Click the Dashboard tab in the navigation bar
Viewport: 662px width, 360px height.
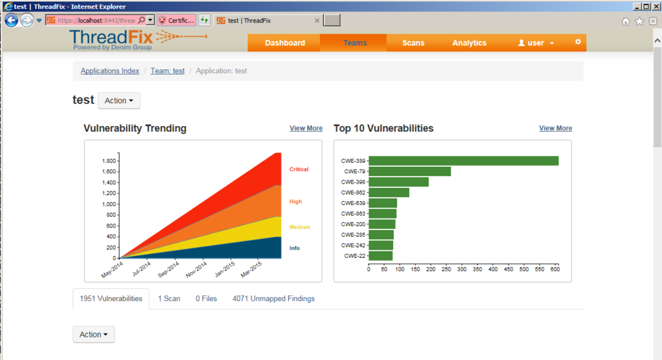click(284, 43)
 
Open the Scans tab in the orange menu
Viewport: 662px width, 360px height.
click(413, 43)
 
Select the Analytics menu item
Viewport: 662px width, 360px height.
click(469, 43)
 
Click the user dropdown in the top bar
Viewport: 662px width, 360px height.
click(536, 43)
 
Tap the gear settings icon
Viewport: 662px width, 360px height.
click(578, 42)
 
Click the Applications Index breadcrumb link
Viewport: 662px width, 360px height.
click(110, 71)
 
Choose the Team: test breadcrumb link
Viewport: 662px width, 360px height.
click(167, 71)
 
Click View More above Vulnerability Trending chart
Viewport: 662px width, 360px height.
click(306, 129)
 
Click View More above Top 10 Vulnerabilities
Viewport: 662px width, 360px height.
click(555, 129)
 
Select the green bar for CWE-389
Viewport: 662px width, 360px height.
click(463, 161)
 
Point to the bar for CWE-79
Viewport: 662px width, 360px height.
click(409, 171)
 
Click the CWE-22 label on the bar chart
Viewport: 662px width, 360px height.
click(355, 256)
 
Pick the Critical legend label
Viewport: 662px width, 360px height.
click(299, 169)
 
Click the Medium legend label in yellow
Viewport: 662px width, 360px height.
click(299, 227)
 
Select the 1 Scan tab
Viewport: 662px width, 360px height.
click(169, 299)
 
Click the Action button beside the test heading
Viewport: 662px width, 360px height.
click(119, 101)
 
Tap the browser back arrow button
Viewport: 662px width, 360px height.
click(11, 20)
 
